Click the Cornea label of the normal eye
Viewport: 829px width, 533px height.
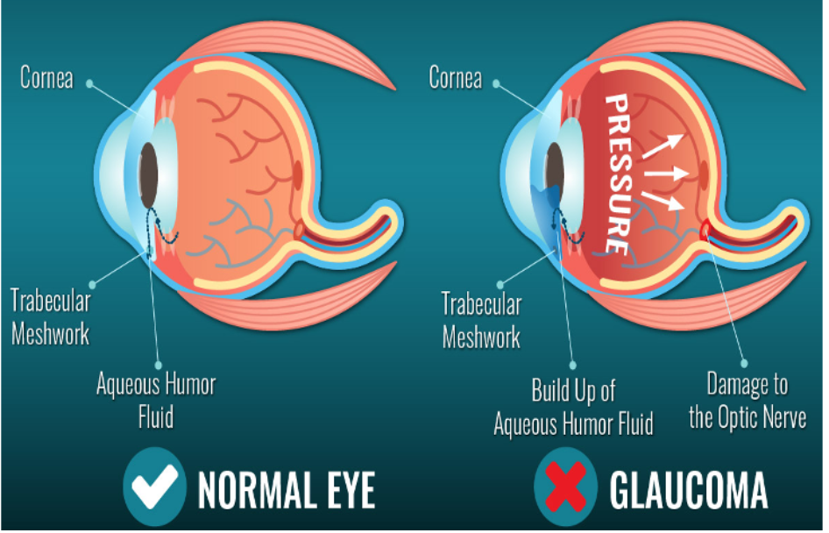click(46, 77)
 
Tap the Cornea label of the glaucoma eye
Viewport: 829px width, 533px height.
click(455, 77)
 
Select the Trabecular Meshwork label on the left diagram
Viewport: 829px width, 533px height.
click(50, 316)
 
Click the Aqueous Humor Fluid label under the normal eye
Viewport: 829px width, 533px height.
click(155, 399)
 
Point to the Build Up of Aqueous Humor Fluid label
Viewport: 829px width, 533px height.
click(573, 407)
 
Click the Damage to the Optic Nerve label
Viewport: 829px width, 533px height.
click(747, 400)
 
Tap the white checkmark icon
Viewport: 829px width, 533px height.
click(154, 484)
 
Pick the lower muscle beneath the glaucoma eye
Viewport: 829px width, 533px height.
click(692, 307)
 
